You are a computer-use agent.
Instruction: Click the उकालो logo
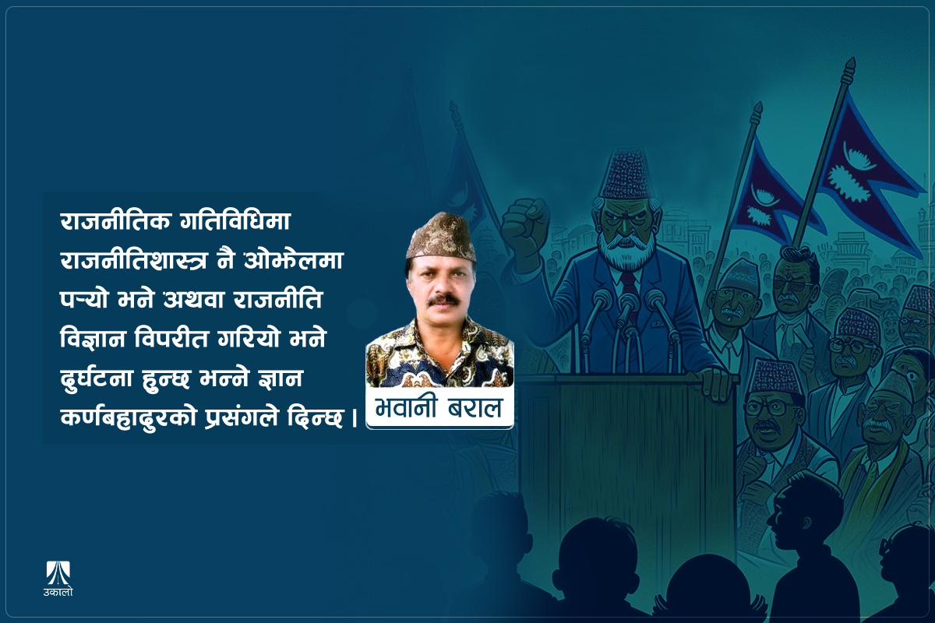tap(58, 577)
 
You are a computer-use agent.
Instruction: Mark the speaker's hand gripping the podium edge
tap(715, 382)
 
